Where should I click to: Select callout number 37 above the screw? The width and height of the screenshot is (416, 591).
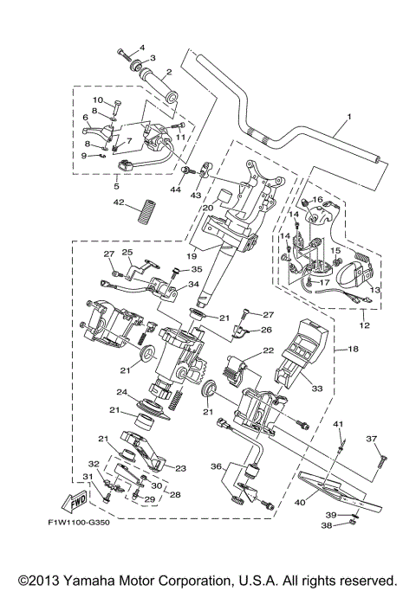[373, 439]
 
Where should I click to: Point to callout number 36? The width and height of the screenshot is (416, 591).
[217, 466]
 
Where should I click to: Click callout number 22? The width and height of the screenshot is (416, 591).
[268, 350]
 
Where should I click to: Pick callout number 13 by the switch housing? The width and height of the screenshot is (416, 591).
[376, 292]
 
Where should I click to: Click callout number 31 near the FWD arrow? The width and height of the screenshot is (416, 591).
[87, 478]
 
